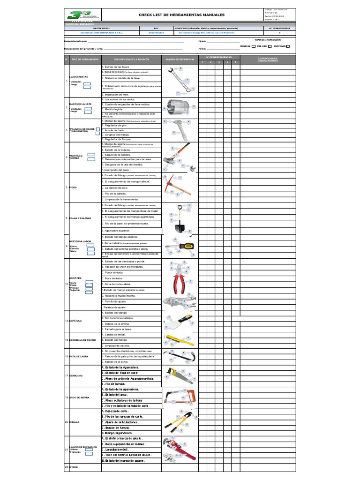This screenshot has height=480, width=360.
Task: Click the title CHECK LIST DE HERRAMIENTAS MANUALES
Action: tap(182, 15)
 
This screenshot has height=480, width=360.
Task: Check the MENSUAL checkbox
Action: tap(254, 46)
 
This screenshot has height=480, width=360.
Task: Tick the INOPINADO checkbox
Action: tap(288, 46)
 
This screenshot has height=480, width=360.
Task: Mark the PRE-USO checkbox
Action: tap(270, 46)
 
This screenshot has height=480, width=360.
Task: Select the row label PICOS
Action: tap(73, 187)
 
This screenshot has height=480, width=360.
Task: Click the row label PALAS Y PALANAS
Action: tap(80, 218)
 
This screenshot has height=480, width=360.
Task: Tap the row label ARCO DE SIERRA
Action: tap(79, 397)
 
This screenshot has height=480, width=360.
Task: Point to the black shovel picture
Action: tap(179, 218)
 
